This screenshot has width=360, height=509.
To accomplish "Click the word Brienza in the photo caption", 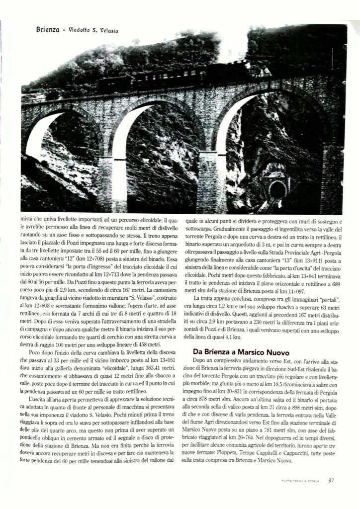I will pos(48,29).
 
